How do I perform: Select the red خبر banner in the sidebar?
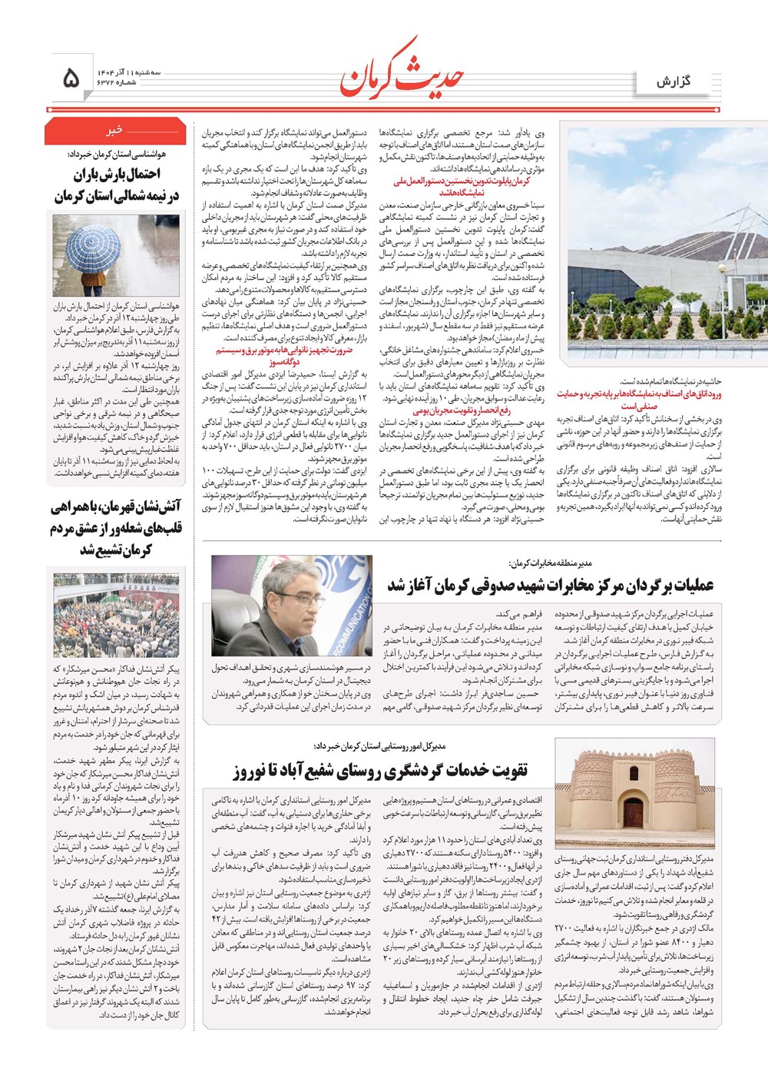click(115, 131)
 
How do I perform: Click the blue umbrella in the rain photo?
click(93, 246)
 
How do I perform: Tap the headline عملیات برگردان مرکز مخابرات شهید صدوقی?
click(550, 586)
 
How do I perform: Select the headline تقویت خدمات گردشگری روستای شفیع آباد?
click(381, 771)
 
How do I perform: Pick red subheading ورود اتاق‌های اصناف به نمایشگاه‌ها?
click(639, 400)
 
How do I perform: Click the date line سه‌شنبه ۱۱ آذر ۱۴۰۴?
click(127, 71)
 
